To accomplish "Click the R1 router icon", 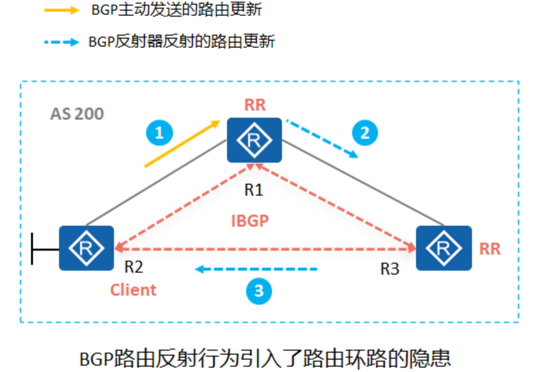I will pos(254,139).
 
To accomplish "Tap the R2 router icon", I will pos(86,247).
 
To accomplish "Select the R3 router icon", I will pos(443,248).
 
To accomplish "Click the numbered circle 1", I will pos(159,133).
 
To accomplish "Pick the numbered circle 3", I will pos(259,290).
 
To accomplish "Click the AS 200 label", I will pos(77,113).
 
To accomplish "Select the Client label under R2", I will pos(133,290).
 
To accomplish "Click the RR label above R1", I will pos(255,104).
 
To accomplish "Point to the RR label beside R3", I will pos(490,249).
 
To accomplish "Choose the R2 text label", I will pos(133,268).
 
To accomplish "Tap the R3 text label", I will pos(390,269).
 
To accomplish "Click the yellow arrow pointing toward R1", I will pos(182,144).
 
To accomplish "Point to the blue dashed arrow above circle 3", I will pos(256,269).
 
